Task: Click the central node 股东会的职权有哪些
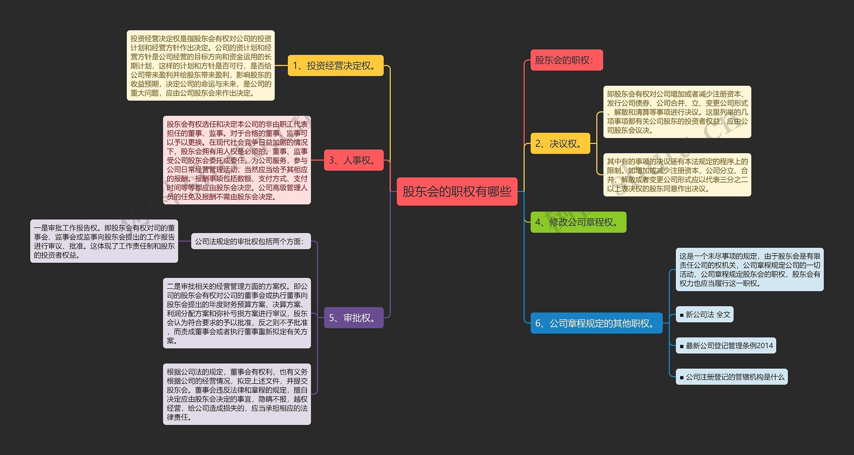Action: point(457,192)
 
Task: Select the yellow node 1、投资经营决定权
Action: point(335,65)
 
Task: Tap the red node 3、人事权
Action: point(354,160)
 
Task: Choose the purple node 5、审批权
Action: point(354,317)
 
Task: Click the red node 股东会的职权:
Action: point(566,60)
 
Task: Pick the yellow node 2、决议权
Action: point(560,144)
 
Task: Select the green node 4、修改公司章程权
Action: point(578,222)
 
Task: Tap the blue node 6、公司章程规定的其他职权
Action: point(596,323)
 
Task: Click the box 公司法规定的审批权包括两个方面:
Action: point(251,241)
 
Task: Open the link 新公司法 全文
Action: point(705,314)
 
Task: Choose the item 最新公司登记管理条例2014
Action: point(726,346)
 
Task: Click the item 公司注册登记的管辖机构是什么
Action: point(732,377)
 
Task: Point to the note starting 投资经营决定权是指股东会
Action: point(200,65)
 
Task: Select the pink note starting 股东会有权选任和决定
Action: point(237,160)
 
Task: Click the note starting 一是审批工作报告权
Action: point(104,241)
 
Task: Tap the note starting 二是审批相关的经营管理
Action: point(237,313)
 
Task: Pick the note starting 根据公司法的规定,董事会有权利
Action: point(237,394)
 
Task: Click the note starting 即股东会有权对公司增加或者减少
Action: point(677,112)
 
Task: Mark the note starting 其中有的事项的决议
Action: point(677,175)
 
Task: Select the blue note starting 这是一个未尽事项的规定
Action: point(750,269)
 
